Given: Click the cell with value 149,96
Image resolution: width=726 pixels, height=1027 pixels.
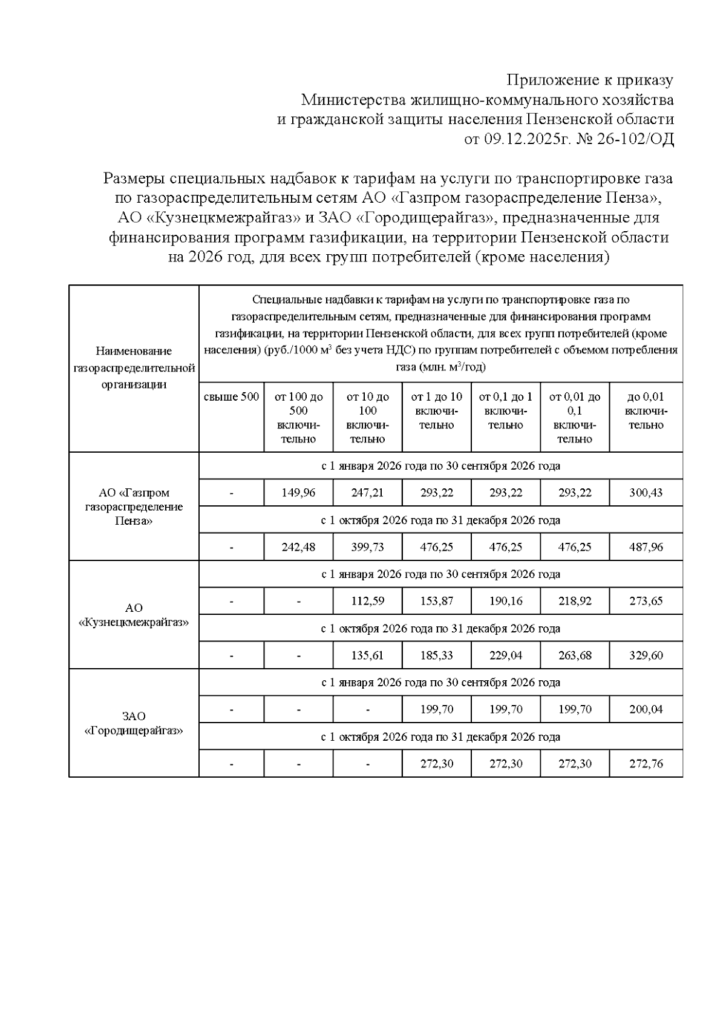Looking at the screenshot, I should pyautogui.click(x=298, y=493).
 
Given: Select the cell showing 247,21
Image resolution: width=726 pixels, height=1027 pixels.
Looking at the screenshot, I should pyautogui.click(x=367, y=493).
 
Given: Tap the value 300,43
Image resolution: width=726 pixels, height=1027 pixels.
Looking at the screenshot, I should pyautogui.click(x=646, y=493).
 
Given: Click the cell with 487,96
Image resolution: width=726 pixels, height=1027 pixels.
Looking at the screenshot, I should pyautogui.click(x=646, y=547).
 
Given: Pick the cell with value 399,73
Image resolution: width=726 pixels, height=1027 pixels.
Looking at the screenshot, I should pyautogui.click(x=367, y=547).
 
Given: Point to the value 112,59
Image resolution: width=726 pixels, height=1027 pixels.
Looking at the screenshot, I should pyautogui.click(x=367, y=602).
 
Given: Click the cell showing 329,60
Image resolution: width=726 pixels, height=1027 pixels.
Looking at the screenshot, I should pyautogui.click(x=646, y=655).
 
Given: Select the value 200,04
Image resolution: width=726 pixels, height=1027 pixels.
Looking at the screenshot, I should pyautogui.click(x=646, y=709).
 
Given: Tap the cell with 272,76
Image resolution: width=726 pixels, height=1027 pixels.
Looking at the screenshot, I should pyautogui.click(x=646, y=764).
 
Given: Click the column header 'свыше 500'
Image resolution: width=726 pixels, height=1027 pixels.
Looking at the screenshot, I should pyautogui.click(x=231, y=397).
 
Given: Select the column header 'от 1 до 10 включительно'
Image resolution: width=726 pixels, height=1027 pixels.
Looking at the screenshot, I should pyautogui.click(x=436, y=410).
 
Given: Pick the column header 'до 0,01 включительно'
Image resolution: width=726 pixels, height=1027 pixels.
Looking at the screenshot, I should pyautogui.click(x=646, y=410).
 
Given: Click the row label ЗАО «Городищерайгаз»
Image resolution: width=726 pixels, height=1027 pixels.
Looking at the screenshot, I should pyautogui.click(x=134, y=723).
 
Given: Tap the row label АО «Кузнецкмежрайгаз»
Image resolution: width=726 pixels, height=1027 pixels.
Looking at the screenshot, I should pyautogui.click(x=134, y=615).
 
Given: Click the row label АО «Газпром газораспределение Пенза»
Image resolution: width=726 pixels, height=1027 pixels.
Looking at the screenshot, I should pyautogui.click(x=134, y=507).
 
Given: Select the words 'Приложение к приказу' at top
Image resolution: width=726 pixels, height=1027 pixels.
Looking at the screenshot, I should pyautogui.click(x=589, y=80).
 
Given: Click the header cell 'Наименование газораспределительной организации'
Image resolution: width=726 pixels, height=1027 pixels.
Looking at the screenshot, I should pyautogui.click(x=134, y=367).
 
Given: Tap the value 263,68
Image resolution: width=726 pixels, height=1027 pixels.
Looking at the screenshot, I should pyautogui.click(x=575, y=655).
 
